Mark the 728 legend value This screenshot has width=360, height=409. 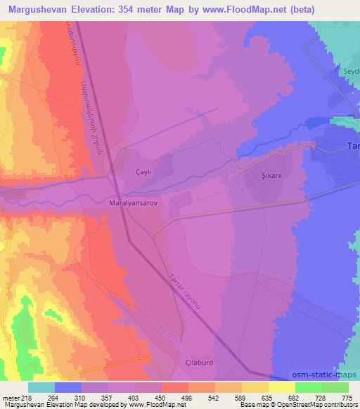tap(320, 397)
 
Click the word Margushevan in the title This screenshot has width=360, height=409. tap(37, 9)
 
